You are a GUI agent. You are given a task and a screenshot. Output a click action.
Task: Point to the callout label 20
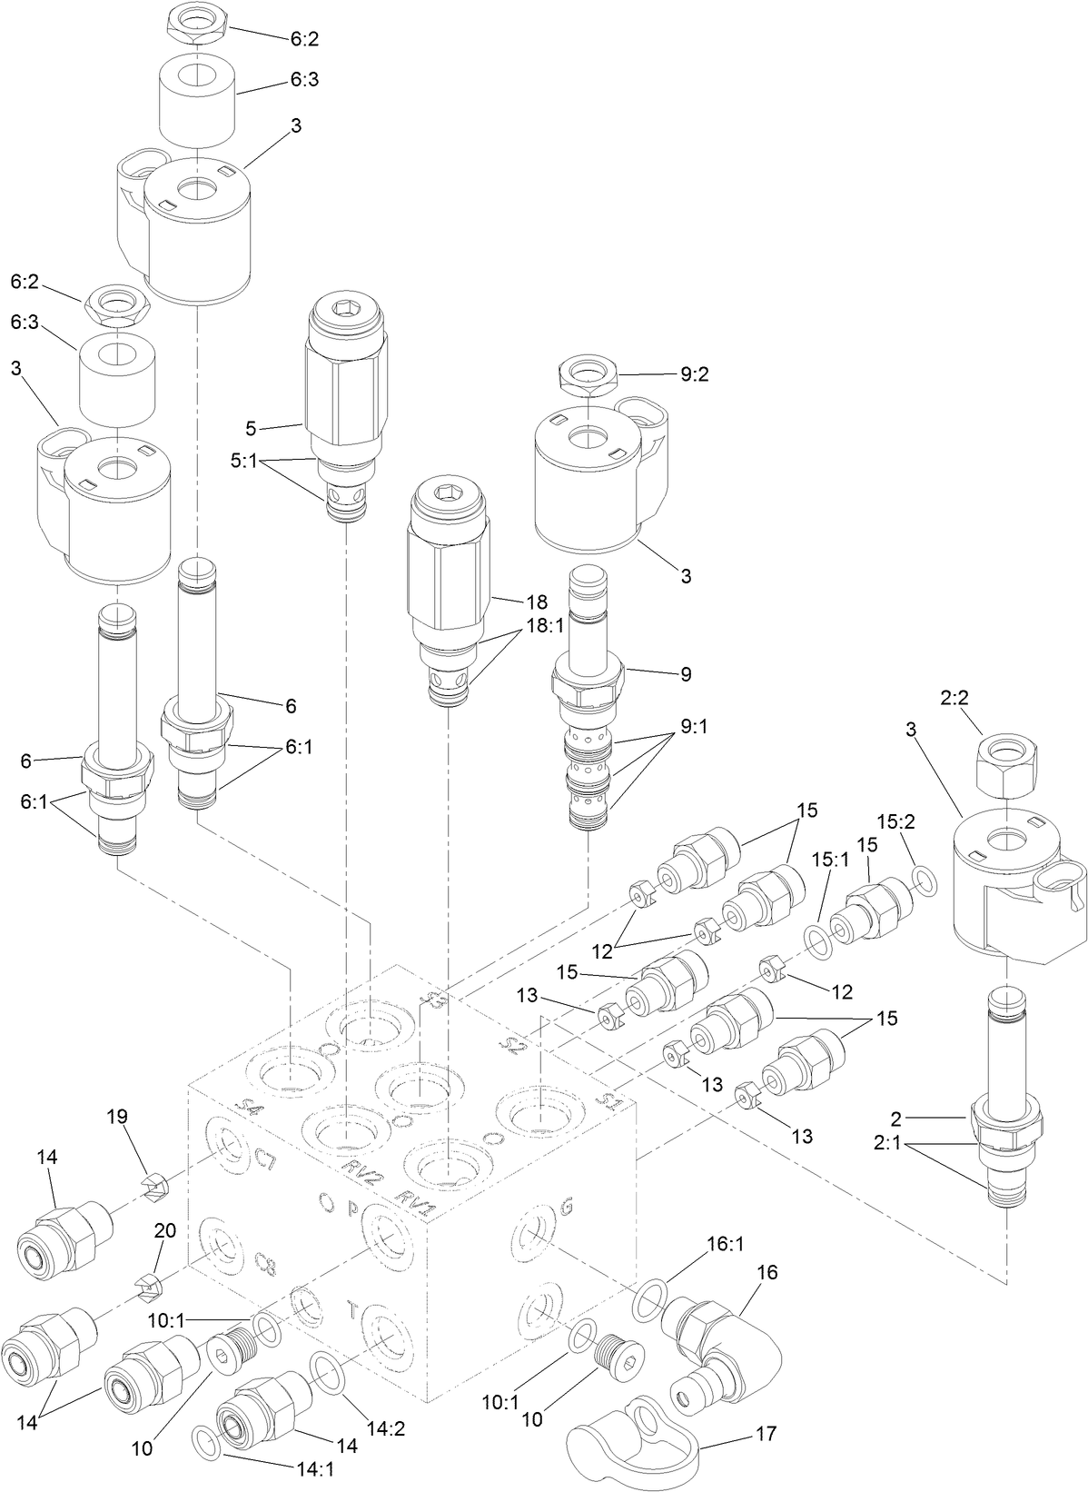pyautogui.click(x=164, y=1230)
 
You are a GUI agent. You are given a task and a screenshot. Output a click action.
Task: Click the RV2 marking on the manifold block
pyautogui.click(x=359, y=1176)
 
